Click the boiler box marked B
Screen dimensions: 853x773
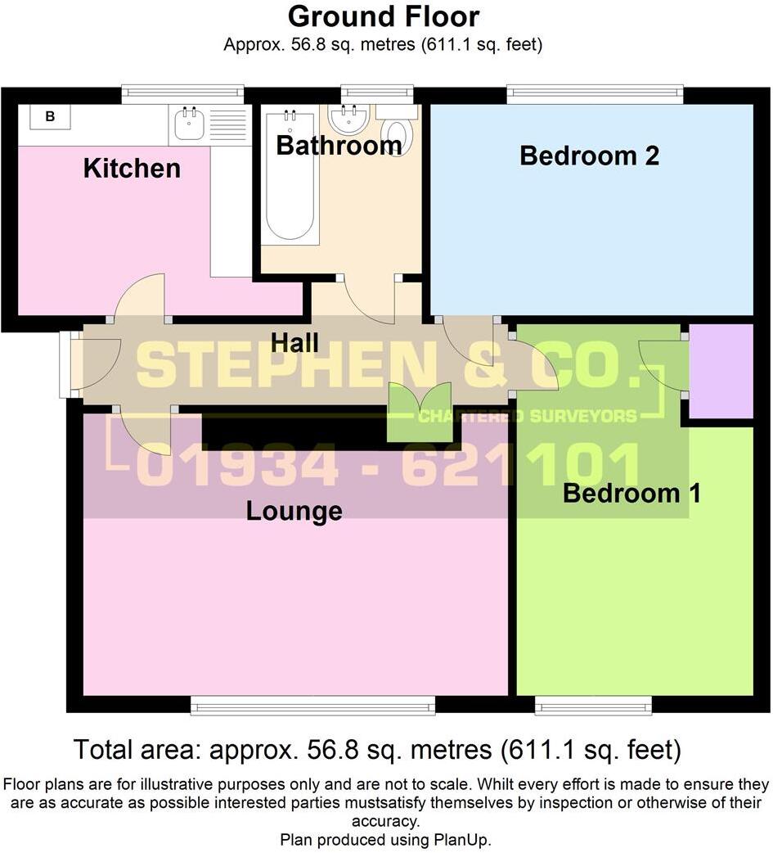(50, 117)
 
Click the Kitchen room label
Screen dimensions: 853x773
(132, 169)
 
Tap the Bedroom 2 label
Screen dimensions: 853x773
(589, 156)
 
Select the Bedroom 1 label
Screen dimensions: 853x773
(631, 494)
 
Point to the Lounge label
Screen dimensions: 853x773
(294, 511)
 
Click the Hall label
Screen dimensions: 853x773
(295, 342)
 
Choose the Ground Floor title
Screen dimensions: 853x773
(384, 16)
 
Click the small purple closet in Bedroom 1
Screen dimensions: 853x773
(721, 371)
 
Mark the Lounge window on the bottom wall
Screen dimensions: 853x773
(312, 705)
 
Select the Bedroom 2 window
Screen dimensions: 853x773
(594, 94)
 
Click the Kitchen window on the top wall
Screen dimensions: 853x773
(182, 94)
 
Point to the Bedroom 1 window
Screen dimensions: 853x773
(593, 705)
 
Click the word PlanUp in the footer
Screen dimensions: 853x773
(463, 839)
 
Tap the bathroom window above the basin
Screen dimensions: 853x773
(377, 94)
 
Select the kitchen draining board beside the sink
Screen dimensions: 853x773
(228, 124)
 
